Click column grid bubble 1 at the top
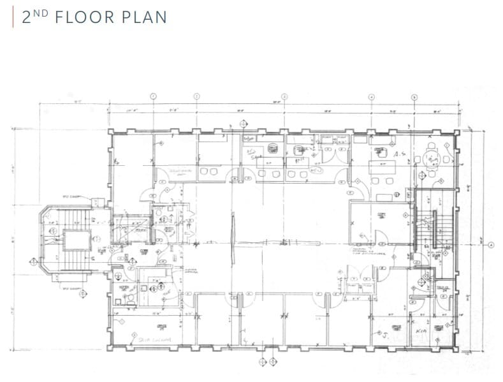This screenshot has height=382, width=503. click(153, 96)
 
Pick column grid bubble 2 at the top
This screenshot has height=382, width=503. click(196, 96)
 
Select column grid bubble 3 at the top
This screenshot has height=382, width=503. click(284, 96)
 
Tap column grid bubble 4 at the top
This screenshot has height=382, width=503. click(371, 96)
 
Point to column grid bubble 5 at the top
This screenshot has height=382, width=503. click(414, 97)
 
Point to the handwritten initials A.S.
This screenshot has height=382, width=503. click(400, 155)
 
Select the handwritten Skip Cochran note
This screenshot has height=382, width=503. click(155, 340)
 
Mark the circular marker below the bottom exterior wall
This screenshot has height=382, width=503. click(261, 362)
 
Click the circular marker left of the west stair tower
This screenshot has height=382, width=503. click(33, 260)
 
